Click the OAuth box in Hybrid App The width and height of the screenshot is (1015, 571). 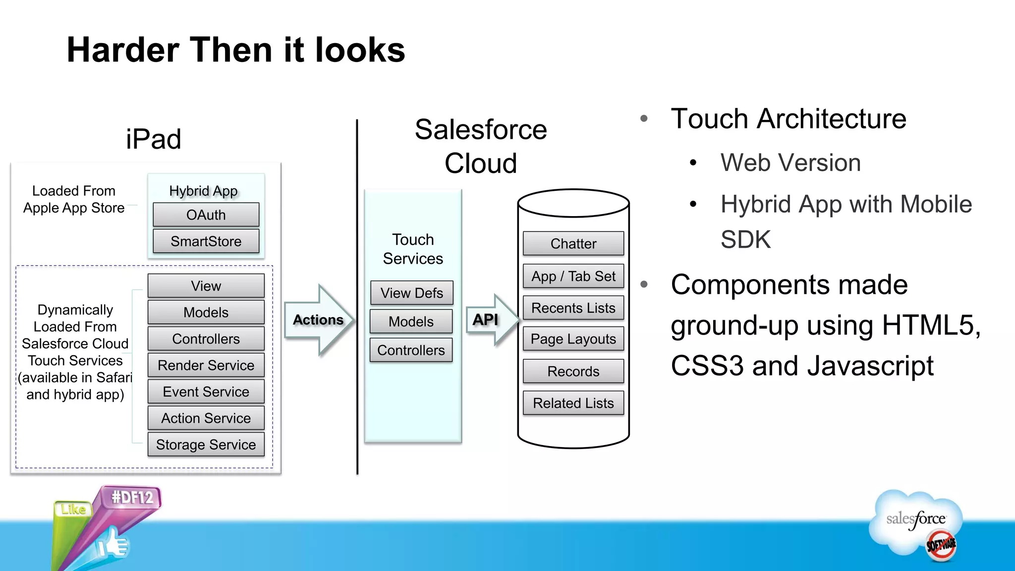click(x=206, y=215)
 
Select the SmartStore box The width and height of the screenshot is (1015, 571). click(x=206, y=241)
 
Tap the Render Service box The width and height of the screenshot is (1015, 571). click(x=206, y=365)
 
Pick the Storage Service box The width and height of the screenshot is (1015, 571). click(x=206, y=445)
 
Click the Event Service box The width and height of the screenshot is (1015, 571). click(x=206, y=392)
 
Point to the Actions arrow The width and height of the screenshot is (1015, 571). click(x=319, y=320)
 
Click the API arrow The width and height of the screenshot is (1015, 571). click(x=491, y=320)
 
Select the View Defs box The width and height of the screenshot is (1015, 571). click(x=411, y=293)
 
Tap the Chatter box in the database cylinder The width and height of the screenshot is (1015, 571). click(x=573, y=243)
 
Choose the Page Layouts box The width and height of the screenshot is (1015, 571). click(x=573, y=339)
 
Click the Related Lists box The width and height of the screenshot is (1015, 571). click(x=573, y=403)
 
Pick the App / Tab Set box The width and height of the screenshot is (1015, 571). click(x=573, y=276)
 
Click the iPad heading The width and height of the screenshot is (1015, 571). click(x=153, y=139)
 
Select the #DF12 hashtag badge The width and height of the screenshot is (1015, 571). click(x=132, y=497)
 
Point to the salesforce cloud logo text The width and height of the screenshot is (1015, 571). click(x=915, y=519)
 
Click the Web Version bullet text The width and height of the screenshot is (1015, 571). click(x=790, y=163)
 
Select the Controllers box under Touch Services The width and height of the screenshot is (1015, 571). click(x=411, y=350)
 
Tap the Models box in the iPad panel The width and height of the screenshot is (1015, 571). click(x=206, y=312)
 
